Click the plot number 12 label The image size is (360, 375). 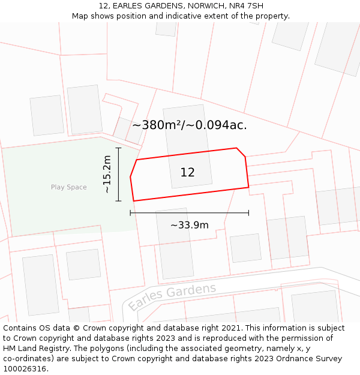[x=187, y=173]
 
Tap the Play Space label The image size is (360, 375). [x=68, y=187]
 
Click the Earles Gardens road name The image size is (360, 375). [x=172, y=297]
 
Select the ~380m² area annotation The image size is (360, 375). [x=157, y=125]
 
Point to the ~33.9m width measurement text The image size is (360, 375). [x=190, y=225]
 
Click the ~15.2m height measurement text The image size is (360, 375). [x=107, y=174]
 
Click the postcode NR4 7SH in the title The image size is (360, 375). [x=246, y=6]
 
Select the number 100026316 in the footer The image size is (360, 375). [x=25, y=369]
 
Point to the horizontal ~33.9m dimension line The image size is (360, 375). [x=189, y=213]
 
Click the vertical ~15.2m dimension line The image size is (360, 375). [x=119, y=174]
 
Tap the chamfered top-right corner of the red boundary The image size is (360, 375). [x=241, y=152]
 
